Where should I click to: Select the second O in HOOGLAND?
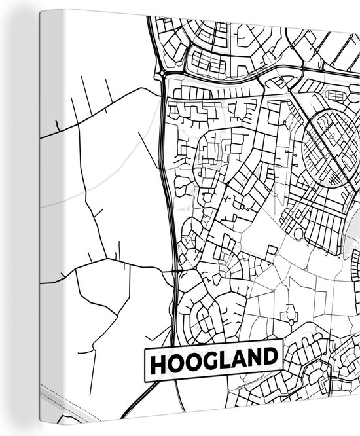[x=194, y=359]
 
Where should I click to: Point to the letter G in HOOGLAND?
[x=212, y=359]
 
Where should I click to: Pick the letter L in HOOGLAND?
[x=227, y=359]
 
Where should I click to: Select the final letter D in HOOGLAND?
[x=274, y=359]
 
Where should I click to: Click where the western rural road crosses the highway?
[x=174, y=269]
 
